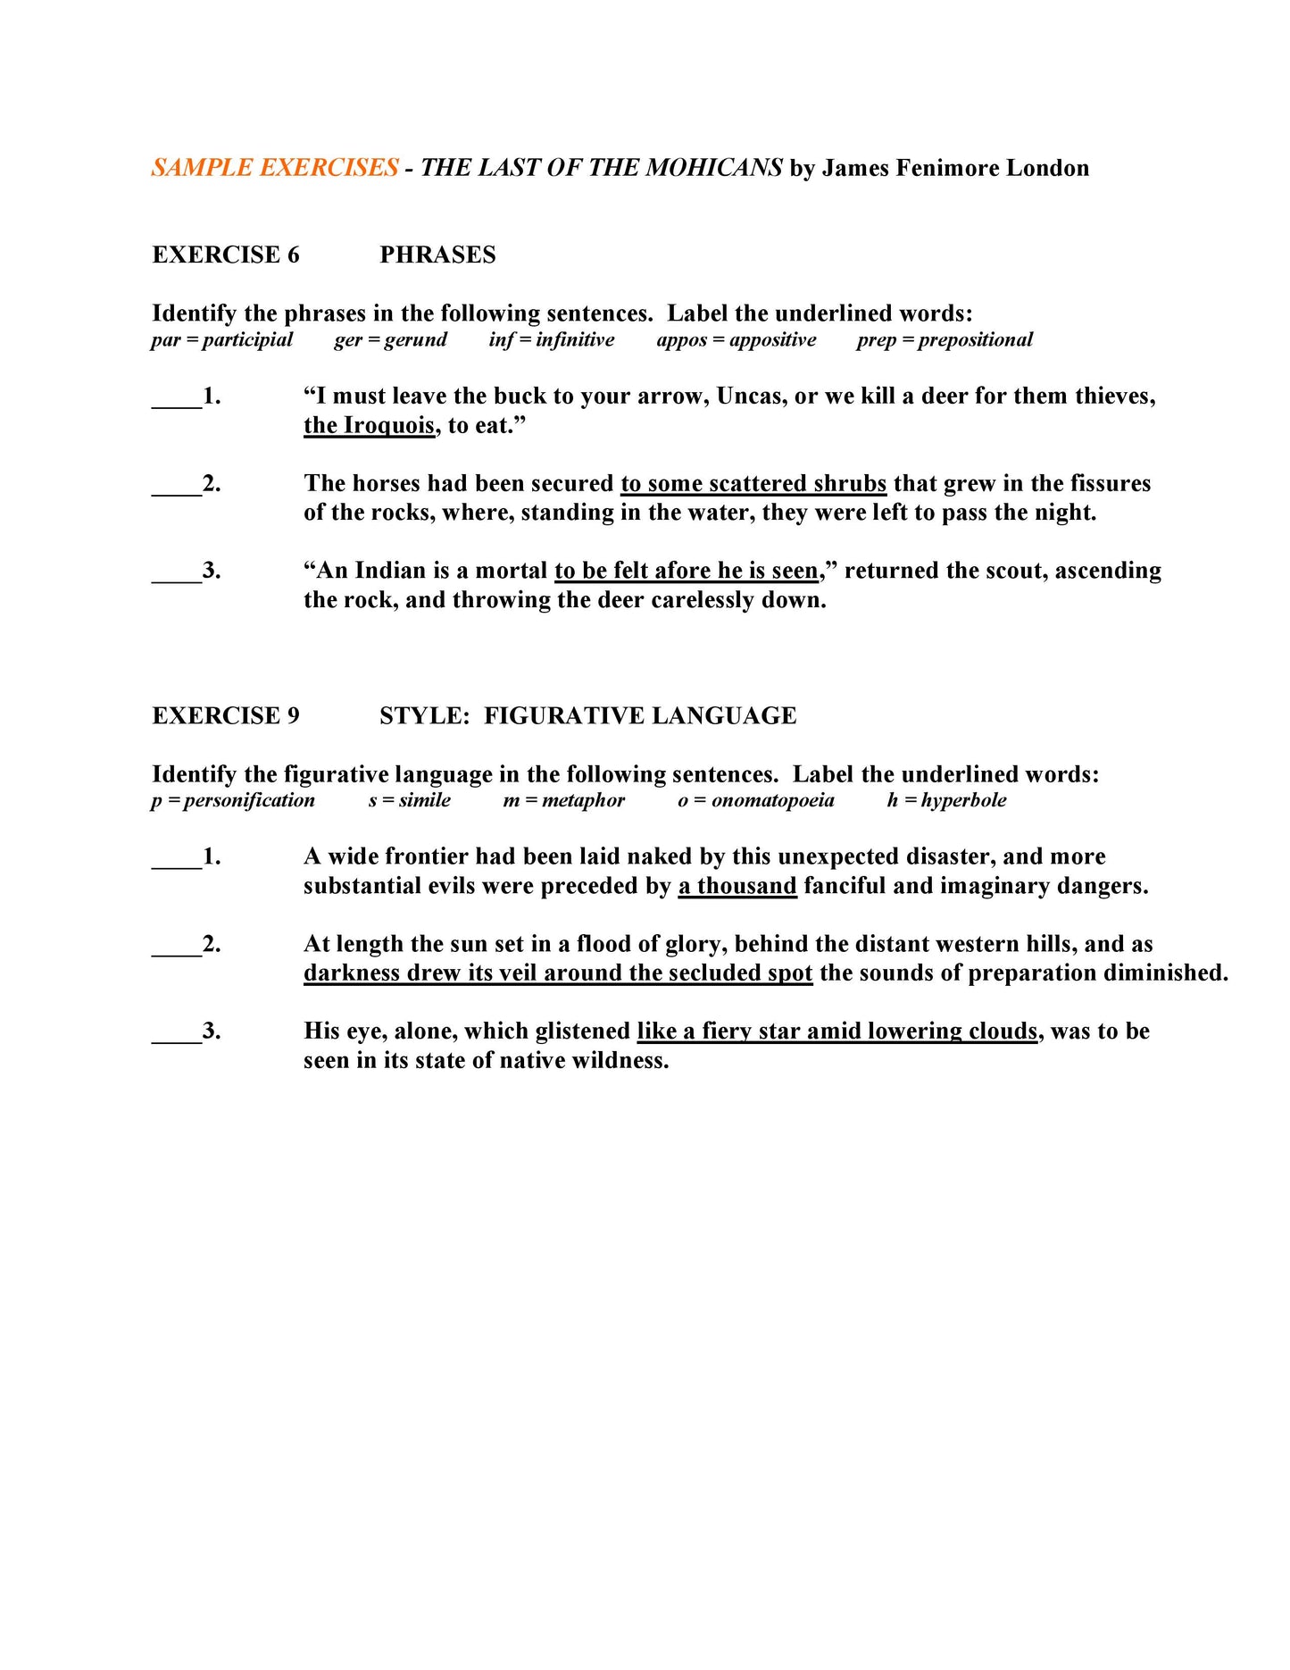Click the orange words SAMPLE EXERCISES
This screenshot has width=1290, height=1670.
pyautogui.click(x=274, y=168)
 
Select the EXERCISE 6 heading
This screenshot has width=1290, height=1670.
pyautogui.click(x=226, y=255)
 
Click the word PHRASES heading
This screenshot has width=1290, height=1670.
pyautogui.click(x=437, y=255)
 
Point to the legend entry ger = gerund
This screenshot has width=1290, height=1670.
pyautogui.click(x=390, y=340)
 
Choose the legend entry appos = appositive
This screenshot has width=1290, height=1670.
pyautogui.click(x=736, y=340)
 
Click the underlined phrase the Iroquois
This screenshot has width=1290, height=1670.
pyautogui.click(x=369, y=426)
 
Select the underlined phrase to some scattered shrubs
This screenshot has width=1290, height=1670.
pyautogui.click(x=753, y=484)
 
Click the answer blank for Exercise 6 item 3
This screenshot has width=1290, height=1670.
pyautogui.click(x=176, y=572)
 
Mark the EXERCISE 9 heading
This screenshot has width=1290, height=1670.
pyautogui.click(x=226, y=716)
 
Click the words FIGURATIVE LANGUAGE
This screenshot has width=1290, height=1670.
pyautogui.click(x=640, y=716)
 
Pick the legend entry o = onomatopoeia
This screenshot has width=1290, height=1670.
pyautogui.click(x=755, y=801)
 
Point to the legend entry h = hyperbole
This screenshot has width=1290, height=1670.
pyautogui.click(x=946, y=801)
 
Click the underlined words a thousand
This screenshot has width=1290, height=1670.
pyautogui.click(x=737, y=887)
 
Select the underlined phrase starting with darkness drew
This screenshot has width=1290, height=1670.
pyautogui.click(x=558, y=973)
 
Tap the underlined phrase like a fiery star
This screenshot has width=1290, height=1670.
pyautogui.click(x=836, y=1031)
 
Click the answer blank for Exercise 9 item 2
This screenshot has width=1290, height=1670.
pyautogui.click(x=176, y=946)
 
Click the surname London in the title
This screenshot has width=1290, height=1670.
pyautogui.click(x=1047, y=169)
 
